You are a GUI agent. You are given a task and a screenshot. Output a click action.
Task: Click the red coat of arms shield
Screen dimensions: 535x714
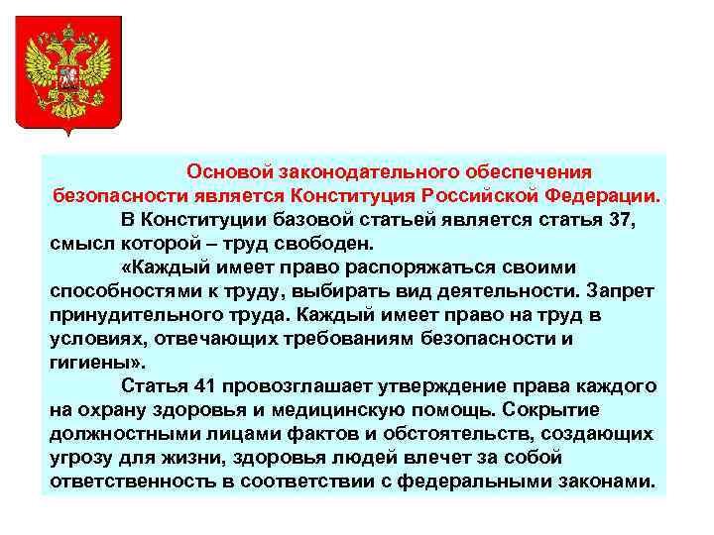click(x=68, y=74)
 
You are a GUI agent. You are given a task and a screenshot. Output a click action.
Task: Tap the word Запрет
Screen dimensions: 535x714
click(x=623, y=291)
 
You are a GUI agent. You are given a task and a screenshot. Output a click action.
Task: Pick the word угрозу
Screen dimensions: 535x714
click(x=79, y=459)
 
